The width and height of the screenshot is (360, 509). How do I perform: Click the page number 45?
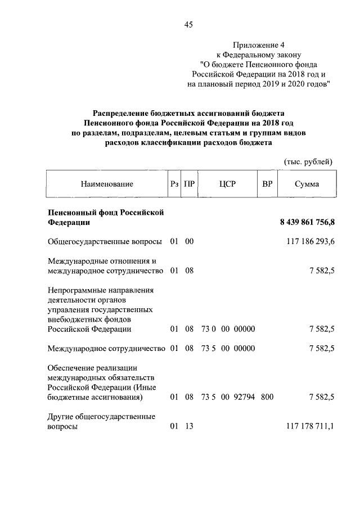[x=188, y=24]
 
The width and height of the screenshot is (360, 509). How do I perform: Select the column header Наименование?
[x=107, y=184]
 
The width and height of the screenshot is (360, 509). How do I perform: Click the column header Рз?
[x=174, y=184]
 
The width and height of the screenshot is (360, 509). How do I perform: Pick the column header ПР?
[x=190, y=184]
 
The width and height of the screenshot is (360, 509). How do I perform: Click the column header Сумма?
[x=307, y=184]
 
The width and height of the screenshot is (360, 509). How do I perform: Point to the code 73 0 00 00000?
[x=228, y=329]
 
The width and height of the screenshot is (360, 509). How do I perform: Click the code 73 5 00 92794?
[x=228, y=398]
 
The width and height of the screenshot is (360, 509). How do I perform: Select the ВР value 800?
[x=267, y=398]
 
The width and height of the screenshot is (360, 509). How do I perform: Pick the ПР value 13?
[x=189, y=427]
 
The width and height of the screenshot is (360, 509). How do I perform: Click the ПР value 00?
[x=189, y=242]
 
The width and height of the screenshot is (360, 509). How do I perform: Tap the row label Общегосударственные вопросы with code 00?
[x=105, y=242]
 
